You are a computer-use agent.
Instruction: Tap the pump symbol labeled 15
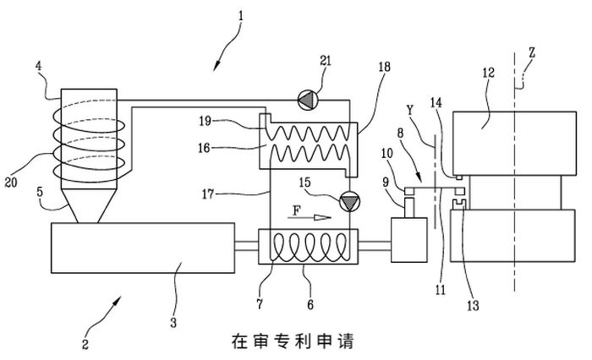point(346,201)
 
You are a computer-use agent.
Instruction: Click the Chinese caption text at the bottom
point(291,341)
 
